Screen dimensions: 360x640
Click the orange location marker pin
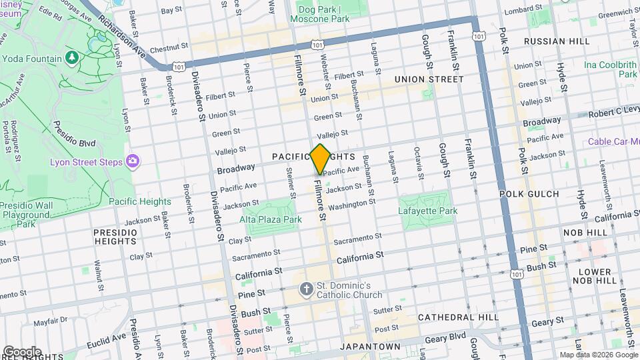pyautogui.click(x=320, y=159)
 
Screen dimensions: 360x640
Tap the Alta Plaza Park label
pyautogui.click(x=271, y=219)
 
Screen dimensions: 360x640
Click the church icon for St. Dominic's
pyautogui.click(x=306, y=289)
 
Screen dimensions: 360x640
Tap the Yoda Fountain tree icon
pyautogui.click(x=71, y=58)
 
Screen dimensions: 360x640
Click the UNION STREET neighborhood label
pyautogui.click(x=429, y=79)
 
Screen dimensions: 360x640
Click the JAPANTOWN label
pyautogui.click(x=370, y=347)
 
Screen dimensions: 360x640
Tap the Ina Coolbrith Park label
pyautogui.click(x=610, y=70)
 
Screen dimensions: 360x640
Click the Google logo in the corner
pyautogui.click(x=22, y=351)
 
